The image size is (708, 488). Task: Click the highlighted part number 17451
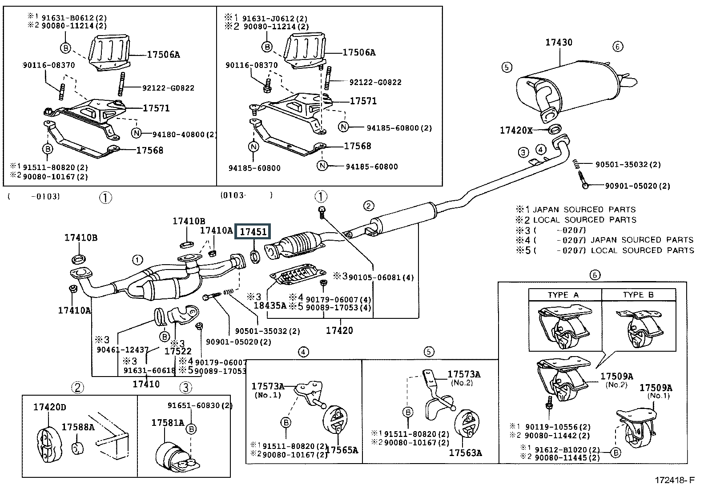coord(253,232)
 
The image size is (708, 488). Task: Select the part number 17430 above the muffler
coord(559,42)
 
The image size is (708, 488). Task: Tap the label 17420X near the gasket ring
coord(516,130)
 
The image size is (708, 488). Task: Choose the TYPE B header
coord(638,294)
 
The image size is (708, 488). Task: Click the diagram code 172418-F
coord(675,480)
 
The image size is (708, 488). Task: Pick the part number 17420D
coord(50,407)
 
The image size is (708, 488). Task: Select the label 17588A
coord(78,427)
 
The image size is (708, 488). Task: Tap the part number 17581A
coord(168,423)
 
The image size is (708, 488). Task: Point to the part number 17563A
coord(466,453)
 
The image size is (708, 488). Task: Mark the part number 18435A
coord(270,305)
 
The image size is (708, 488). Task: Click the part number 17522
coord(178,351)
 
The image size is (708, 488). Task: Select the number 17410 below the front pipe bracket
coord(146,384)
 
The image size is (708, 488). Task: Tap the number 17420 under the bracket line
coord(339,330)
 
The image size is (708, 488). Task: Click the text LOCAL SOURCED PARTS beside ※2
coord(585,220)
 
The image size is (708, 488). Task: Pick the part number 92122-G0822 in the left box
coord(168,88)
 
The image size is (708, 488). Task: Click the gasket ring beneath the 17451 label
coord(255,257)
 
